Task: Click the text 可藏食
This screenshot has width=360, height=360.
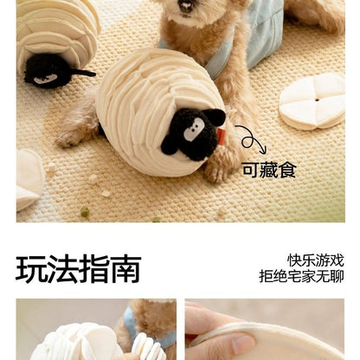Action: point(269,170)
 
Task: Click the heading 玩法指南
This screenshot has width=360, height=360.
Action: point(78,269)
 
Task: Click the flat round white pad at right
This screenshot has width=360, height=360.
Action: point(311,100)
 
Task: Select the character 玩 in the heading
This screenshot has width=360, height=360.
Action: point(31,269)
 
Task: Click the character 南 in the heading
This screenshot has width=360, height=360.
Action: point(125,269)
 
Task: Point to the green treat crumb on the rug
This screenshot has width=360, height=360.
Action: point(85,211)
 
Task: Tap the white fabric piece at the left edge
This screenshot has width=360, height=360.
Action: point(28,177)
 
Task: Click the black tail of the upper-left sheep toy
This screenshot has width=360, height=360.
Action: point(83,74)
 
